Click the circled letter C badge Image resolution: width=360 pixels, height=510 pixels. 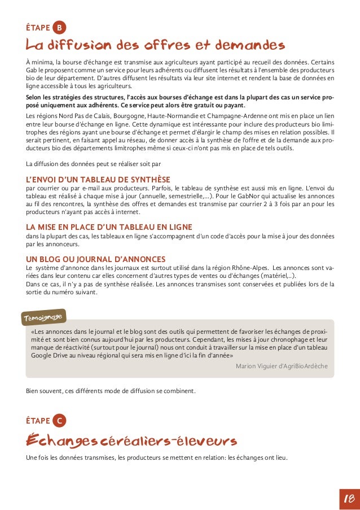59,420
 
